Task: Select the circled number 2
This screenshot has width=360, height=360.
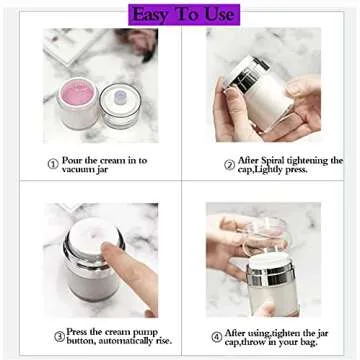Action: (x=229, y=162)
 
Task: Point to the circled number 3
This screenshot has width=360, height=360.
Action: (x=60, y=336)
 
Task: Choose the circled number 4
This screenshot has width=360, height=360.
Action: (x=218, y=336)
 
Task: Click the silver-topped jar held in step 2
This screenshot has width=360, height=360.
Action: (x=262, y=85)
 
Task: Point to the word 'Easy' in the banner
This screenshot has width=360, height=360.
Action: (x=152, y=14)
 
